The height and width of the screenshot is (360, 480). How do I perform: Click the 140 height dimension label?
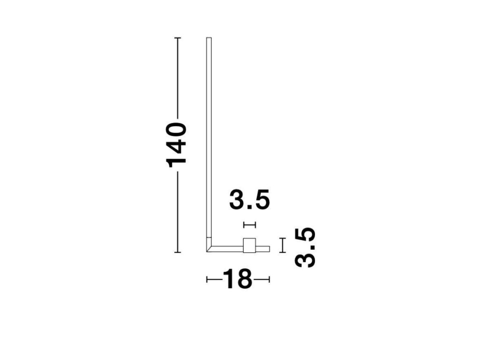176,145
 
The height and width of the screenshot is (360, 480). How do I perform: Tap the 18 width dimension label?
238,279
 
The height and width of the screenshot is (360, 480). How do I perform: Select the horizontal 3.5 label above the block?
249,200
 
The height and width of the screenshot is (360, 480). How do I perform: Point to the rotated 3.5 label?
305,247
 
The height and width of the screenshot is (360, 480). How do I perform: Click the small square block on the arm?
249,246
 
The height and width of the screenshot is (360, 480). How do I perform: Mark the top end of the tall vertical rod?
209,38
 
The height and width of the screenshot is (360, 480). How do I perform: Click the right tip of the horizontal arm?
269,249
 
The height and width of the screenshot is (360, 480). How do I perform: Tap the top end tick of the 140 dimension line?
178,38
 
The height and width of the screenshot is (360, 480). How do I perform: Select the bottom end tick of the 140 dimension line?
178,252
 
